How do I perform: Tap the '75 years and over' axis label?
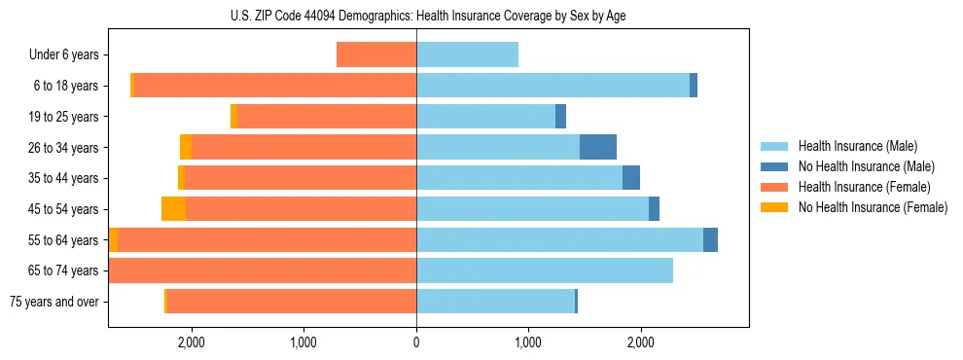tap(54, 302)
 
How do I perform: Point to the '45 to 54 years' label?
tap(63, 209)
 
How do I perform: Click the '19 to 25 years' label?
tap(63, 117)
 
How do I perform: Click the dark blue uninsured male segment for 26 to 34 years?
tap(598, 147)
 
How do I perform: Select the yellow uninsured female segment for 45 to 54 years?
tap(173, 209)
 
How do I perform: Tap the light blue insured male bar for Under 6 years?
tap(467, 54)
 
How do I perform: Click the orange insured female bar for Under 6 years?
tap(376, 54)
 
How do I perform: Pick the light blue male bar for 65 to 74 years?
tap(545, 270)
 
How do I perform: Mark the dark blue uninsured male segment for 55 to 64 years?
tap(710, 239)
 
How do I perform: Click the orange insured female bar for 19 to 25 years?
tap(327, 117)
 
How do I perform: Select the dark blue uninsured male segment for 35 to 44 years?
tap(631, 178)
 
